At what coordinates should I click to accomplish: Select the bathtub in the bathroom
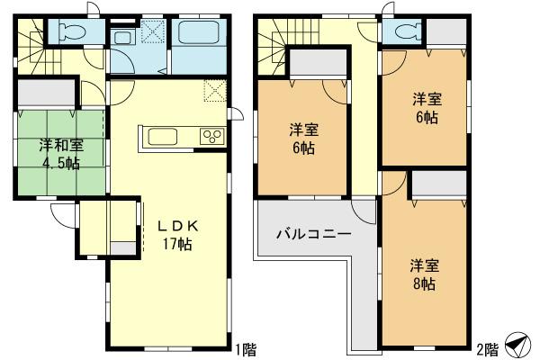click(x=195, y=36)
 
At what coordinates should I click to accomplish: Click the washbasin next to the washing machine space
click(x=122, y=37)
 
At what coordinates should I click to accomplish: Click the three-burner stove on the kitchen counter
click(x=212, y=137)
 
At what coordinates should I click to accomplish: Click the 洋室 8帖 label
click(x=423, y=274)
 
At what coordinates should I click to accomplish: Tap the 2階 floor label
click(x=484, y=347)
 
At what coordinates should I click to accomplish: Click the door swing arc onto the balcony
click(x=364, y=211)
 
